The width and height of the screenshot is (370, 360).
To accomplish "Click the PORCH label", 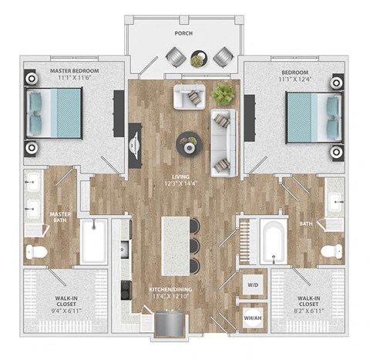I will (184, 33).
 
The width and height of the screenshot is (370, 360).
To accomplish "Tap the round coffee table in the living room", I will (187, 142).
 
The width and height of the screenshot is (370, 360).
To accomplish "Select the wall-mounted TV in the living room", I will (136, 146).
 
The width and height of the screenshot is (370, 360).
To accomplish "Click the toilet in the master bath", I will (37, 251).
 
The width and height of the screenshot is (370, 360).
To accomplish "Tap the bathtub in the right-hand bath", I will (274, 242).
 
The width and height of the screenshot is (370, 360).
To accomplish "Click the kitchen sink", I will (123, 249).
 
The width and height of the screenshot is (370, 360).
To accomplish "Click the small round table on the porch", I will (199, 59).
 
